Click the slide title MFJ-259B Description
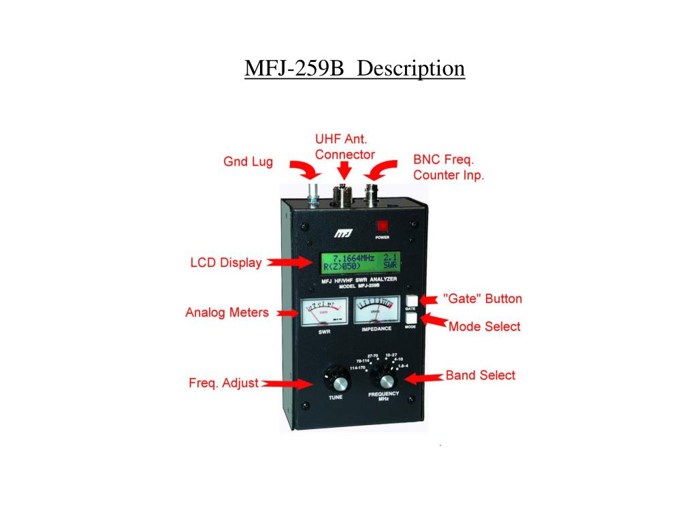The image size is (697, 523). tap(355, 69)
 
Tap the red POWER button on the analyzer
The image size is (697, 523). tap(382, 225)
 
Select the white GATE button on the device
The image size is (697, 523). tap(411, 300)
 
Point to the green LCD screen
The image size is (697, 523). tap(360, 262)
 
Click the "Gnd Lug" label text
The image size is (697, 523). tap(248, 161)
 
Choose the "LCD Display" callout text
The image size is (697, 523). tap(225, 263)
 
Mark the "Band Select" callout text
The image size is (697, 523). tap(480, 375)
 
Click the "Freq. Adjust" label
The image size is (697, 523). tap(223, 383)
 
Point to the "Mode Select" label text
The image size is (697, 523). tap(484, 327)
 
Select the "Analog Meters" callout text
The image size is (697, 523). tap(227, 313)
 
